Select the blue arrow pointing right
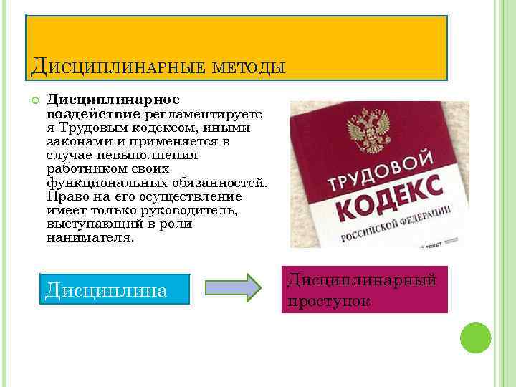(x=233, y=287)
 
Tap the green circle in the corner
(x=474, y=338)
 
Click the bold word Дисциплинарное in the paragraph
(x=113, y=98)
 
